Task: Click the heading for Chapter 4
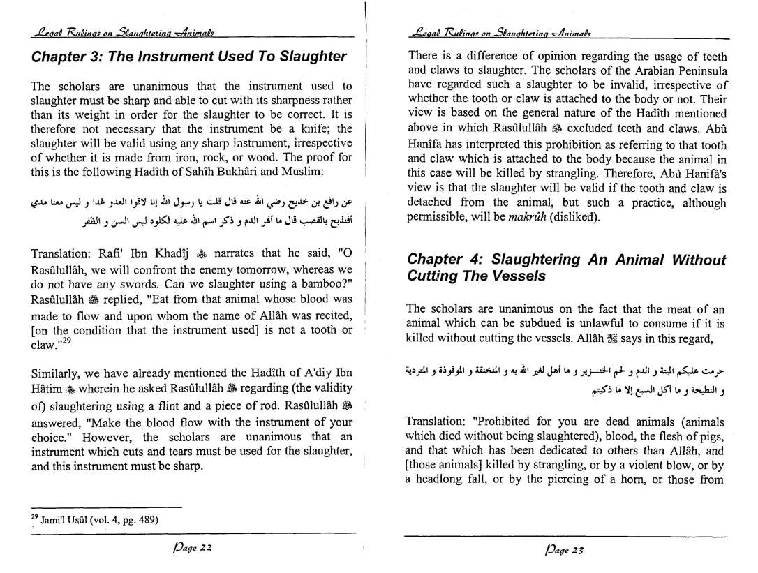[566, 268]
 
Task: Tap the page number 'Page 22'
[190, 550]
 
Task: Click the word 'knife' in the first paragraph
[318, 129]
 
